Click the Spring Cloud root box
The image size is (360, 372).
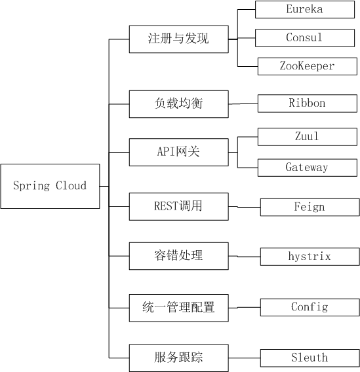[50, 186]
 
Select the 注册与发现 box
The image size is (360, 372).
[179, 39]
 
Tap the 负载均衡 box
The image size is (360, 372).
[179, 104]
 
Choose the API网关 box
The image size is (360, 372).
[179, 152]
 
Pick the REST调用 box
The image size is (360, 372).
[179, 206]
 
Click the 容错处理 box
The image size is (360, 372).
[179, 256]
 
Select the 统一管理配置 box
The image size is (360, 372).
[179, 308]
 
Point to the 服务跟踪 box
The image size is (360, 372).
[179, 358]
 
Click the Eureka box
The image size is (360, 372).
[305, 9]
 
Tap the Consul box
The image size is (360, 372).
[305, 38]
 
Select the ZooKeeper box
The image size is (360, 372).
[308, 66]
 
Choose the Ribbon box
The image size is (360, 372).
[308, 103]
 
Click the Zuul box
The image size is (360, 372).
[308, 137]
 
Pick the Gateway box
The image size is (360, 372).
[308, 168]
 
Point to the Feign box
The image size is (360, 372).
[310, 208]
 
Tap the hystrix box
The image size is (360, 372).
[310, 257]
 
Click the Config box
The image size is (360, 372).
[310, 307]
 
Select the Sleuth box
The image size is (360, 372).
[310, 358]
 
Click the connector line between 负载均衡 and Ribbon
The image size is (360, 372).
[243, 103]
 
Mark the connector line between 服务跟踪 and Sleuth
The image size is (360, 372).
[245, 358]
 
